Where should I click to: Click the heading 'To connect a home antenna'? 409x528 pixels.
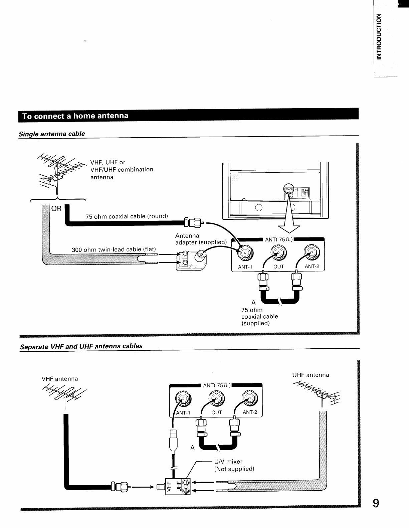75,116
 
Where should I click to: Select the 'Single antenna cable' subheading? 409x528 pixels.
52,134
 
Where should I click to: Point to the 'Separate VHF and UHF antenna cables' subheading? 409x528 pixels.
81,346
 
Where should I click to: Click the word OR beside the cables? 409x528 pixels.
57,209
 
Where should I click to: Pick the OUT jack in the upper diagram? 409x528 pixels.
278,252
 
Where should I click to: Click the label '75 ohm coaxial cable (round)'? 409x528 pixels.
126,216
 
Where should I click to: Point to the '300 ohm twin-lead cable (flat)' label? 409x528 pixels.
114,249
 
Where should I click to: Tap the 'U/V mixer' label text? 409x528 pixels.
228,462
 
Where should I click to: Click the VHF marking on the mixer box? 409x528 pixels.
169,486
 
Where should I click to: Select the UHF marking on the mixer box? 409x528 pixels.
178,486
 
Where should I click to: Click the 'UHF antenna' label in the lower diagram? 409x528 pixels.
311,375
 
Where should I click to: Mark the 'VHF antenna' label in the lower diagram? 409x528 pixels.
59,379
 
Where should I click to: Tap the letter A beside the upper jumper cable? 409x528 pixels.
253,303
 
